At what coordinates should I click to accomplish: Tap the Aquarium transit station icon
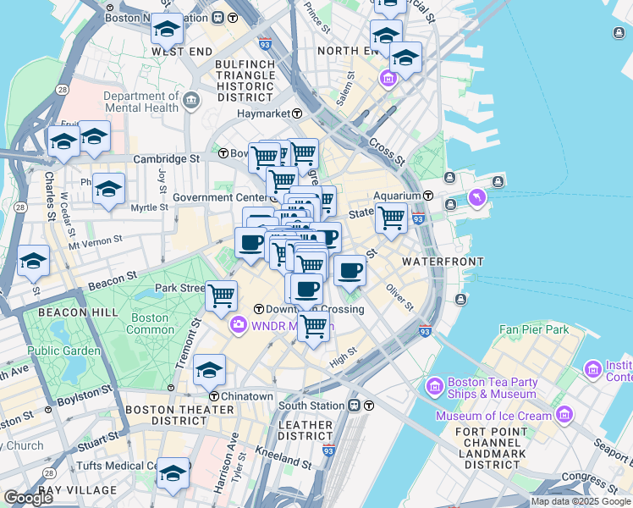click(x=429, y=196)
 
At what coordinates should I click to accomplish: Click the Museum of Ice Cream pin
click(x=564, y=416)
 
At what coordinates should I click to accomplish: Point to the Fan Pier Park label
click(x=534, y=329)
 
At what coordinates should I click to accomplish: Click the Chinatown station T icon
click(x=215, y=396)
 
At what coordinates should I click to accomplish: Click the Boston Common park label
click(x=149, y=323)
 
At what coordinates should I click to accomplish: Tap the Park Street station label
click(x=180, y=288)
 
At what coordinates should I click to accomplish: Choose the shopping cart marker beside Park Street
click(x=221, y=295)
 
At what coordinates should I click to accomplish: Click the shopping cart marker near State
click(x=391, y=218)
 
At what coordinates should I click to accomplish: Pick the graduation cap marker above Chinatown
click(x=209, y=369)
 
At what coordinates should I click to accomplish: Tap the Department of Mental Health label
click(x=141, y=102)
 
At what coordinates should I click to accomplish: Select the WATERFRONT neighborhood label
click(x=443, y=262)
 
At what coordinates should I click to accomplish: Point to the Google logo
click(x=29, y=498)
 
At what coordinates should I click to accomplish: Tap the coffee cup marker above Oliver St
click(x=350, y=271)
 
